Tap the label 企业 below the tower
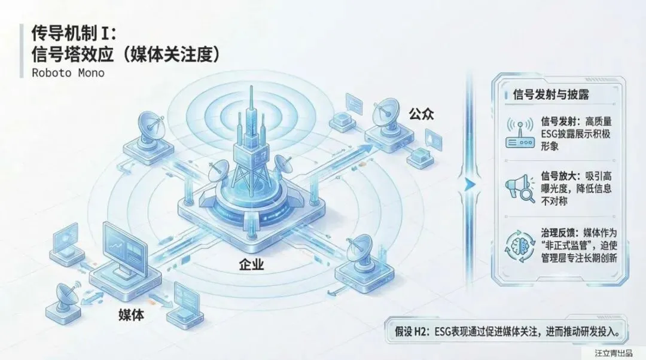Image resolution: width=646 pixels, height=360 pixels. (x=251, y=264)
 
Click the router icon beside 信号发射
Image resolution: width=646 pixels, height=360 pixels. (x=520, y=134)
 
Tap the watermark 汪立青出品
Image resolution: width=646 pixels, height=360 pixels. (x=613, y=353)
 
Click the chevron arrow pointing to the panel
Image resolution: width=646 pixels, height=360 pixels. (x=469, y=184)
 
